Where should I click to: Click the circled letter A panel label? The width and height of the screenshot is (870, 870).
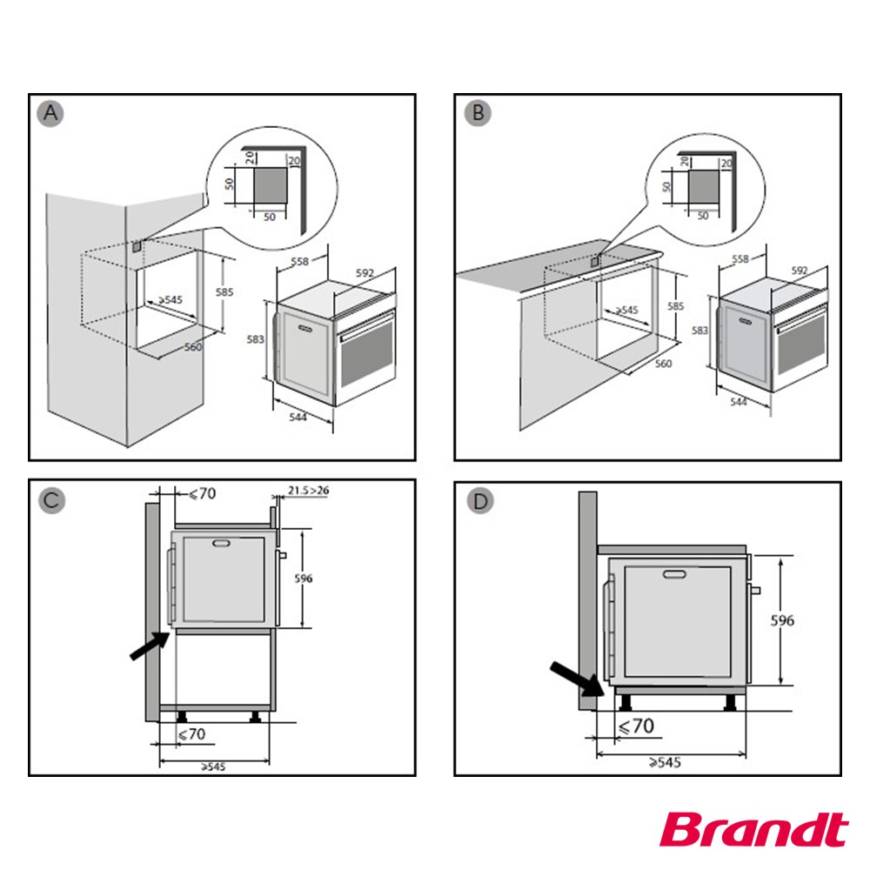coord(52,114)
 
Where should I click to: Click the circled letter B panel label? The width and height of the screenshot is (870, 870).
coord(478,114)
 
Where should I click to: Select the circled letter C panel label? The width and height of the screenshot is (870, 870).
coord(52,500)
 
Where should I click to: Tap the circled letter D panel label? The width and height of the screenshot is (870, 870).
coord(478,500)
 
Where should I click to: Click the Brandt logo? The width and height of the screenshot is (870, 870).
coord(753,829)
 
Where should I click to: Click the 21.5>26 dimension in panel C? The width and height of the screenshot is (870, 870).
coord(308,492)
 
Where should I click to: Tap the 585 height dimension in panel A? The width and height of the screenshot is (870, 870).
coord(224,293)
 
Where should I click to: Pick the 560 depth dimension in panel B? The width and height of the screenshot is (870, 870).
coord(664,363)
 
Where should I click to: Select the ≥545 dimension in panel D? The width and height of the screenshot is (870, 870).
coord(664,762)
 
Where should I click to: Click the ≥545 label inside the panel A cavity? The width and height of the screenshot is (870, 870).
coord(169,300)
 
